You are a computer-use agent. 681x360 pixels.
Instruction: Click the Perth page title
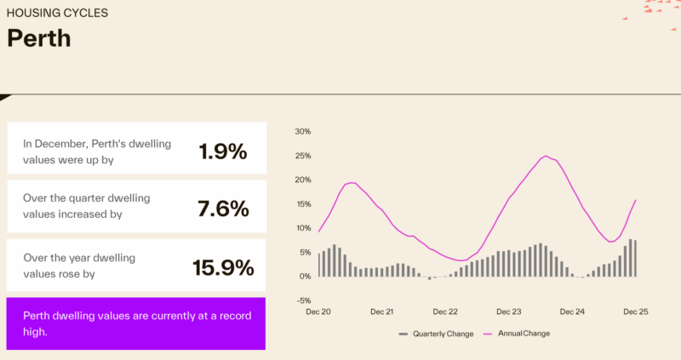[38, 38]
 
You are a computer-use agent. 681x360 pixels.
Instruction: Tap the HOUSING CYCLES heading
[57, 14]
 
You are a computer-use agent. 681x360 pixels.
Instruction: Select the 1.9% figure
[222, 151]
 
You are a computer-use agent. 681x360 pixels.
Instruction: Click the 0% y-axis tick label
[306, 277]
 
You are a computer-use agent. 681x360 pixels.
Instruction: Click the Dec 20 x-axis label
[319, 312]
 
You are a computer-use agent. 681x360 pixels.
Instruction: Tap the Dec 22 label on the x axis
[445, 312]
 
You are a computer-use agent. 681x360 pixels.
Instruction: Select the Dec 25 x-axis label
[636, 312]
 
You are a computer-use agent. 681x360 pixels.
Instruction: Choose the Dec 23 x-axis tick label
[509, 312]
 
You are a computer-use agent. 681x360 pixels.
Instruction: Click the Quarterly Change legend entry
[438, 334]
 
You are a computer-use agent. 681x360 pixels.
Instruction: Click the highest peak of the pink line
[545, 156]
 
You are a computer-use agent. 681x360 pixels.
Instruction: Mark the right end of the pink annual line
[636, 200]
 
